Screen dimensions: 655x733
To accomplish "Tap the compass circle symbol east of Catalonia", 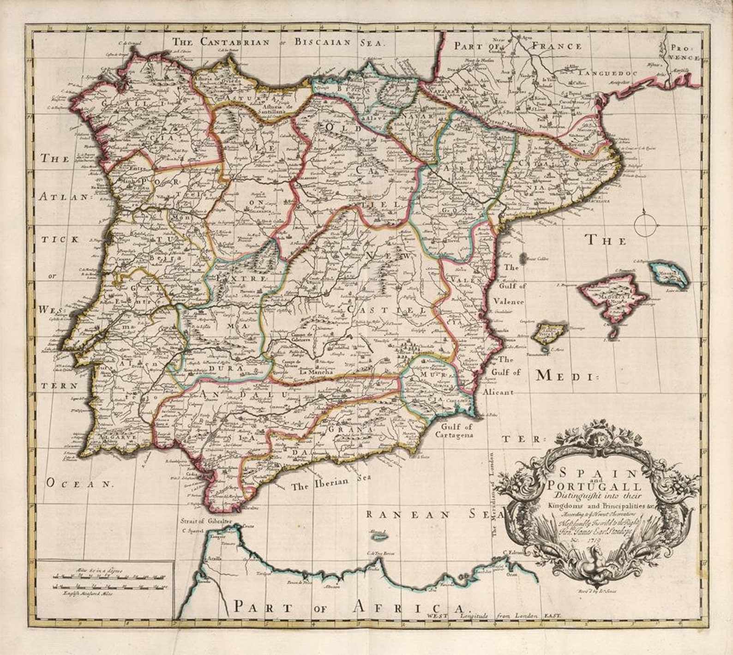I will click(645, 225).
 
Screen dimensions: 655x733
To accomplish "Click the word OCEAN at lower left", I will click(79, 483).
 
